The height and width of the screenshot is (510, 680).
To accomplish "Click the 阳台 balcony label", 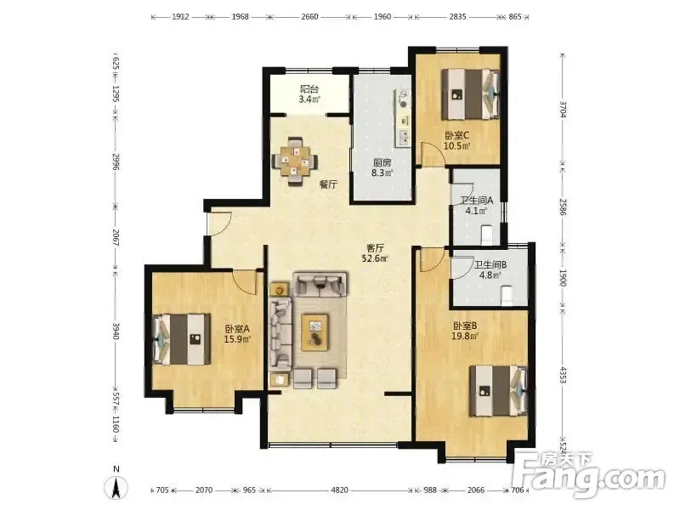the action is (309, 89).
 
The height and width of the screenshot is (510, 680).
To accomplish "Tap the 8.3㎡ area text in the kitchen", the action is (382, 173).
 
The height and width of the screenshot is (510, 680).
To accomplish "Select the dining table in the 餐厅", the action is (294, 161).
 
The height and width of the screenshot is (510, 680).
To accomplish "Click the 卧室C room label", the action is (456, 135).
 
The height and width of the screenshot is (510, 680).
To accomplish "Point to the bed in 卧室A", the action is (181, 339).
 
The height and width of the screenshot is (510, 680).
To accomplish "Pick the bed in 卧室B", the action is (499, 391).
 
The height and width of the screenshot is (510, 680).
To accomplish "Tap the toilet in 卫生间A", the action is (487, 235).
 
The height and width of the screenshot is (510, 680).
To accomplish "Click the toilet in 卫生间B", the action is (507, 296).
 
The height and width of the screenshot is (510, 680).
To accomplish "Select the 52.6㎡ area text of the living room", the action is (376, 259).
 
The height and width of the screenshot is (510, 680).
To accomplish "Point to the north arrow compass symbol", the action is (116, 486).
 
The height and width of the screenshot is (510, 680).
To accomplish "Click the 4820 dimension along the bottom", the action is (339, 490).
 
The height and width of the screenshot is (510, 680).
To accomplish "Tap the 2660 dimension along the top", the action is (309, 17).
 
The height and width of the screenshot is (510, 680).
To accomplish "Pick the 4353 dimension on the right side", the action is (563, 376).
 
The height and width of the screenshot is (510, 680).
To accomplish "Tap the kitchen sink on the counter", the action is (404, 137).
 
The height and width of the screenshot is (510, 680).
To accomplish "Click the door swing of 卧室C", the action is (433, 155).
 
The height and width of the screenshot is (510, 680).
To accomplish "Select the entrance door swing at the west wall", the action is (220, 224).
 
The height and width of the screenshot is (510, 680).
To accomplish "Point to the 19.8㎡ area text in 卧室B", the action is (465, 336).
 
